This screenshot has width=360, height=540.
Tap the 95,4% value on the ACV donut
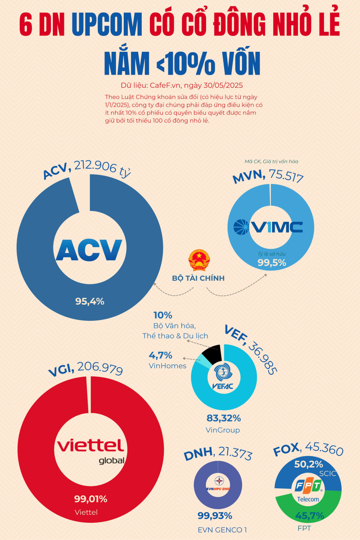click(90, 301)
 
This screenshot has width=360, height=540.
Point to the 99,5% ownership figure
click(272, 263)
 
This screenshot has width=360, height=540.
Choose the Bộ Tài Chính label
click(198, 278)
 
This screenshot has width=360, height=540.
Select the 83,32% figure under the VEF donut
click(223, 418)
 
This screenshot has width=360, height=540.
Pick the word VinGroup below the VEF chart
click(223, 430)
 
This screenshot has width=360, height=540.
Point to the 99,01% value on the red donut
click(90, 499)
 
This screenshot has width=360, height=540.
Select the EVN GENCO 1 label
click(222, 530)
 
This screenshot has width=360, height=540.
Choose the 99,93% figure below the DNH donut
click(215, 516)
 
